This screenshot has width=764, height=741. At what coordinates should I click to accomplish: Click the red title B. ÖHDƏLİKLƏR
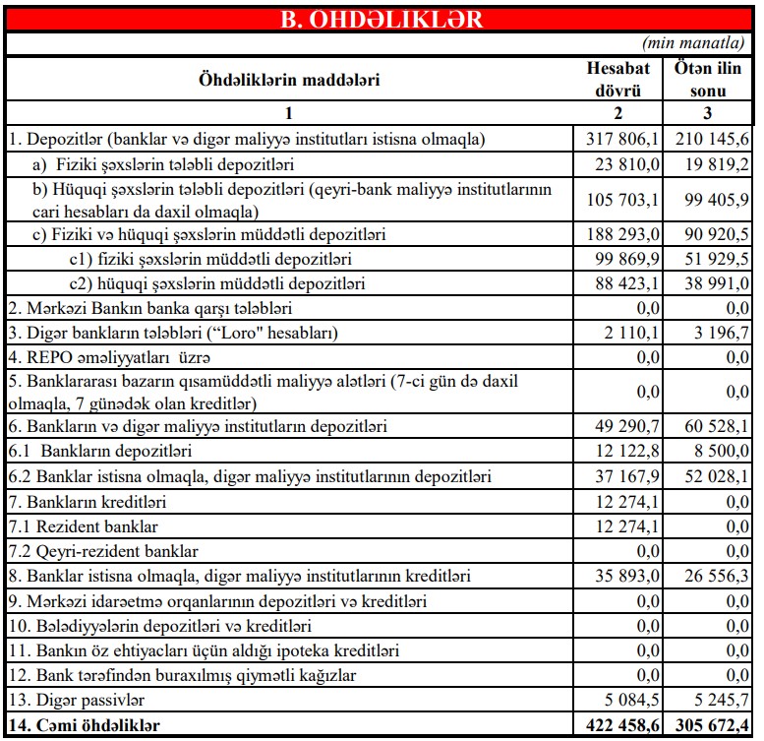pyautogui.click(x=382, y=19)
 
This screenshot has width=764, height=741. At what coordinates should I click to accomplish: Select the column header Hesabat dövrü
pyautogui.click(x=618, y=80)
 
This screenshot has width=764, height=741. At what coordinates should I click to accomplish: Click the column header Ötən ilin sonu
pyautogui.click(x=712, y=80)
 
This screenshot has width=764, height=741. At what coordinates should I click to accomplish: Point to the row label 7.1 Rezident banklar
pyautogui.click(x=83, y=527)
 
